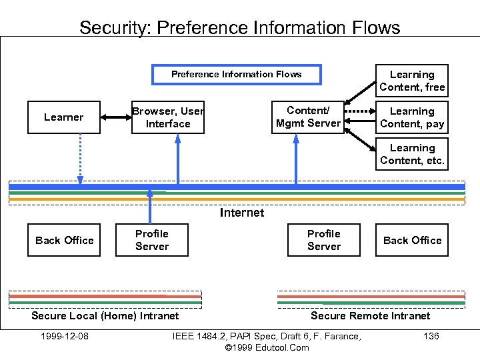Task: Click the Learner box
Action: pos(64,117)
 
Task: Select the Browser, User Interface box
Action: pos(168,117)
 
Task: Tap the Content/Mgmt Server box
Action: pos(307,117)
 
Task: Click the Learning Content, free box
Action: pos(411,81)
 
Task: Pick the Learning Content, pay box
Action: pos(411,117)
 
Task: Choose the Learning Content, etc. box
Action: pos(411,154)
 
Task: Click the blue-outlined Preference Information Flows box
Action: pos(236,74)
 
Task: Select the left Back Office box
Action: pos(64,240)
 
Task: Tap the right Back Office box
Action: pos(411,240)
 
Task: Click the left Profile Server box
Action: pos(152,240)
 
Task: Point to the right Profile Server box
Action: pos(323,240)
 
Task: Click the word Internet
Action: pos(241,213)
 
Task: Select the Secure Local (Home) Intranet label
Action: pos(105,315)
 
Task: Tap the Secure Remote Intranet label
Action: pos(370,315)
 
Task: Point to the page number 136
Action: pos(431,336)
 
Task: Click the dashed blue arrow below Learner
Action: pos(81,157)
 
